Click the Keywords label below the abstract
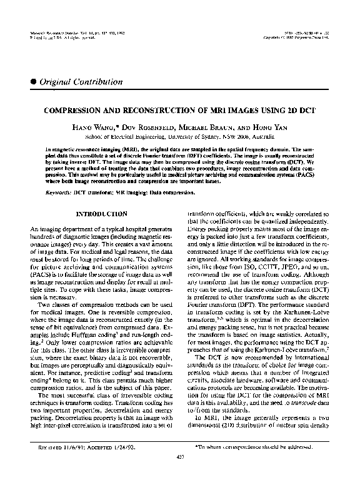[x=58, y=193]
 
